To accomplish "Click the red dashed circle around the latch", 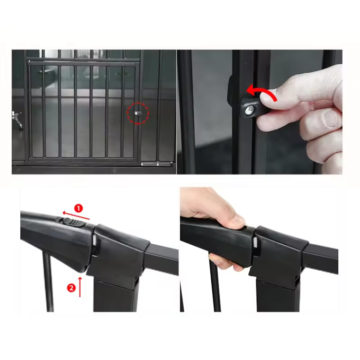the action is pyautogui.click(x=138, y=103).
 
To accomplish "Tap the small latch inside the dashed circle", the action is pyautogui.click(x=138, y=113).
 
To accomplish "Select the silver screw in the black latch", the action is pyautogui.click(x=250, y=110).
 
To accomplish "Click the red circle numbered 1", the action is pyautogui.click(x=78, y=208).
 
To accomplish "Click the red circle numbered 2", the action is pyautogui.click(x=71, y=288).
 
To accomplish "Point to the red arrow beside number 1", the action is pyautogui.click(x=76, y=216).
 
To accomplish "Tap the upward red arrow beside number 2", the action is pyautogui.click(x=80, y=287).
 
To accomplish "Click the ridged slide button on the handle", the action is pyautogui.click(x=73, y=222).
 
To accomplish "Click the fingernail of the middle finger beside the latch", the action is pyautogui.click(x=330, y=118).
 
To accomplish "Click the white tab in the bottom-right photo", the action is pyautogui.click(x=255, y=242).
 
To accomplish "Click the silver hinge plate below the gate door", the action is pyautogui.click(x=156, y=164).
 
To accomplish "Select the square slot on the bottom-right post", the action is pyautogui.click(x=297, y=281).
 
